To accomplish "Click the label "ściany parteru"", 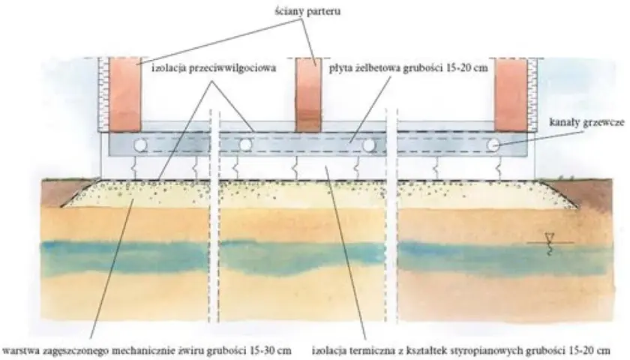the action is pyautogui.click(x=307, y=11).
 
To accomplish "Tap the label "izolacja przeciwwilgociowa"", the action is pyautogui.click(x=214, y=68).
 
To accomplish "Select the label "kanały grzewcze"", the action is pyautogui.click(x=586, y=122).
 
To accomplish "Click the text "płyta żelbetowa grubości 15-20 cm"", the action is pyautogui.click(x=409, y=68).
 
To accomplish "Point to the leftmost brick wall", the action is pyautogui.click(x=125, y=94).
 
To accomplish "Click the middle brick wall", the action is pyautogui.click(x=308, y=94).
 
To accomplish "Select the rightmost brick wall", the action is pyautogui.click(x=510, y=94).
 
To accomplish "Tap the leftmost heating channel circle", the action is pyautogui.click(x=140, y=145).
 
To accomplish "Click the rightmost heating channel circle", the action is pyautogui.click(x=493, y=145).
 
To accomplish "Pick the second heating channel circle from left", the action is pyautogui.click(x=245, y=145).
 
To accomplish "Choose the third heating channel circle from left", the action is pyautogui.click(x=369, y=145).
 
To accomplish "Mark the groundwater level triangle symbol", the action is pyautogui.click(x=547, y=237).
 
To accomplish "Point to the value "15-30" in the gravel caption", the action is pyautogui.click(x=262, y=350).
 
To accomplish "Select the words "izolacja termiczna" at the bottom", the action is pyautogui.click(x=350, y=350).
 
